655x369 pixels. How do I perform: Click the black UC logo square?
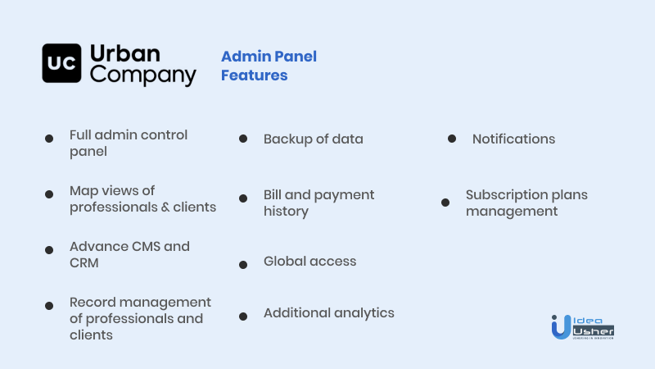coord(61,63)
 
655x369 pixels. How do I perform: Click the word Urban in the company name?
coord(125,53)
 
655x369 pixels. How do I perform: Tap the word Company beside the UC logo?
coord(142,75)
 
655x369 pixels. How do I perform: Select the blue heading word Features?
coord(254,75)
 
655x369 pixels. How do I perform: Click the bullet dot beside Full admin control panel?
coord(49,139)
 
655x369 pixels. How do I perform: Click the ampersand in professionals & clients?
coord(165,207)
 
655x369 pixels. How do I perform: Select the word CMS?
coord(146,247)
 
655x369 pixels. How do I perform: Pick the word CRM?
coord(84,263)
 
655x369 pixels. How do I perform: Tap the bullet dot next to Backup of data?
coord(243,139)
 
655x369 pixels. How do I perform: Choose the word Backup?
coord(288,139)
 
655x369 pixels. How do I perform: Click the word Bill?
coord(273,194)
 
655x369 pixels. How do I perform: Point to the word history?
coord(286,212)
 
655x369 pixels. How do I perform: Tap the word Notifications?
coord(514,139)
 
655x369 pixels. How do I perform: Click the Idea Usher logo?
coord(583,326)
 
